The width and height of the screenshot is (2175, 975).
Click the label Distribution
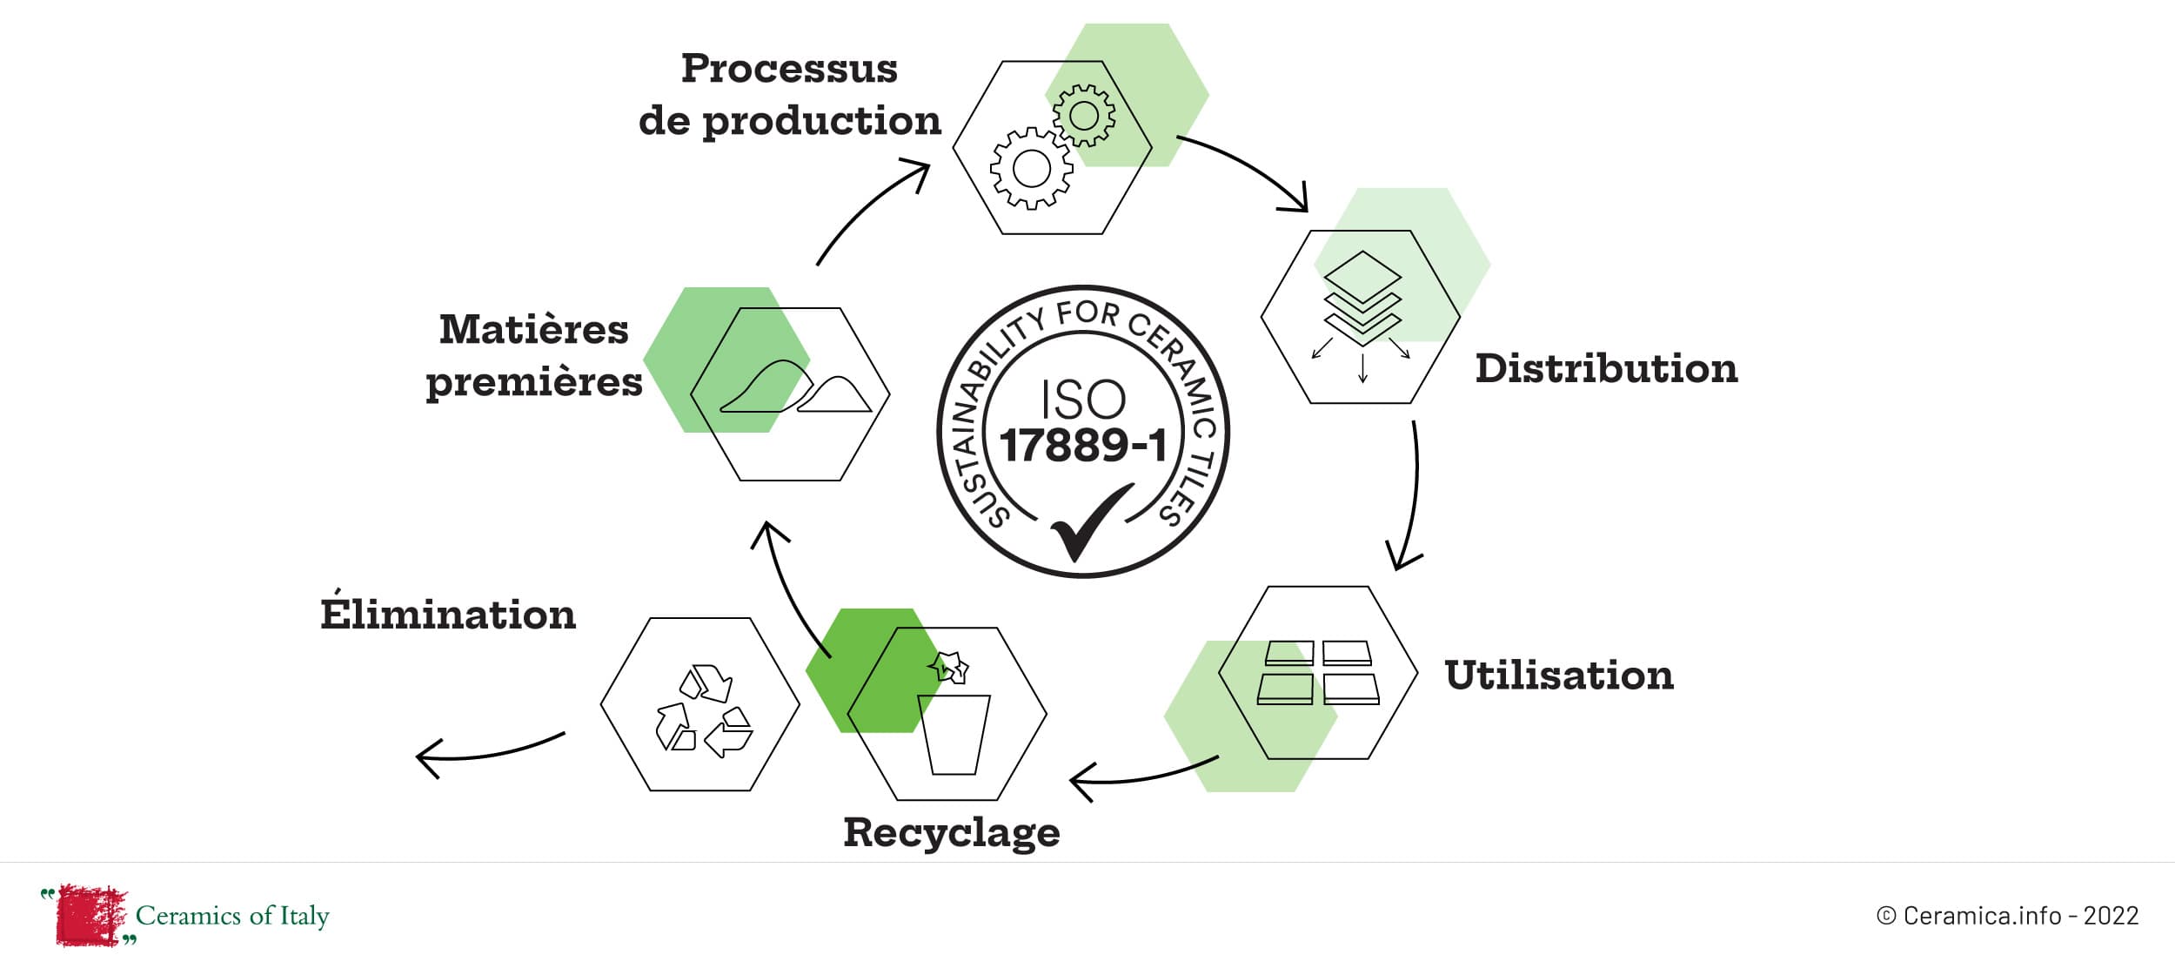point(1606,369)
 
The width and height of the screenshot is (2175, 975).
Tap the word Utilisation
point(1559,676)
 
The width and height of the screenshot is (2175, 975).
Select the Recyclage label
point(952,833)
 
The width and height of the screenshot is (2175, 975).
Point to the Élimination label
point(448,615)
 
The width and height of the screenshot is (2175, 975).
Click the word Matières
point(533,330)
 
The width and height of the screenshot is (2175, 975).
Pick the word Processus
point(789,69)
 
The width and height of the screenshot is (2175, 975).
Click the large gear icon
point(1032,168)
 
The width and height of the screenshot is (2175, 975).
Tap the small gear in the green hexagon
point(1084,115)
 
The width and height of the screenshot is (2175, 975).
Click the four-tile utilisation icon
point(1318,673)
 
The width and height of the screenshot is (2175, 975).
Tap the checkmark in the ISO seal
point(1090,522)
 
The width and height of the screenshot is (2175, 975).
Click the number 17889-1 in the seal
point(1083,446)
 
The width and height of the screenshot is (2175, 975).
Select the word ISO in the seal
point(1083,400)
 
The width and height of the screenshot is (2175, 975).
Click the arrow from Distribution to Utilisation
point(1409,496)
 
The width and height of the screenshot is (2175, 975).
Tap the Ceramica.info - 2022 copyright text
point(2008,916)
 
